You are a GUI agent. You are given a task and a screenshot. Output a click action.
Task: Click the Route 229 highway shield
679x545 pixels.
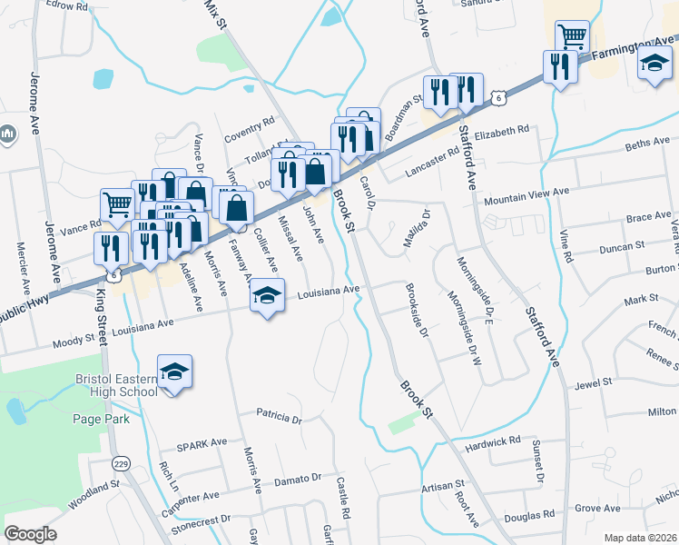tap(119, 464)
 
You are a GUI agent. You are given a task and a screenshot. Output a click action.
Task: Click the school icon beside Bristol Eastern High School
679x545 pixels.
tap(175, 373)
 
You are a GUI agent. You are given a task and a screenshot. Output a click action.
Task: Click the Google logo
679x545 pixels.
tap(31, 533)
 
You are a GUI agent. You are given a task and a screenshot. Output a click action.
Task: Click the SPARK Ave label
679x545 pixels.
tap(202, 443)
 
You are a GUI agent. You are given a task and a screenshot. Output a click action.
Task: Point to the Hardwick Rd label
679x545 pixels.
tap(491, 443)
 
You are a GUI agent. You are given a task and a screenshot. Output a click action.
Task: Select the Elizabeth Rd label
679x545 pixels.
tap(501, 131)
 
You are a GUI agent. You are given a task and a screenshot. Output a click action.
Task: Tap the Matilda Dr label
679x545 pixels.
tap(417, 225)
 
